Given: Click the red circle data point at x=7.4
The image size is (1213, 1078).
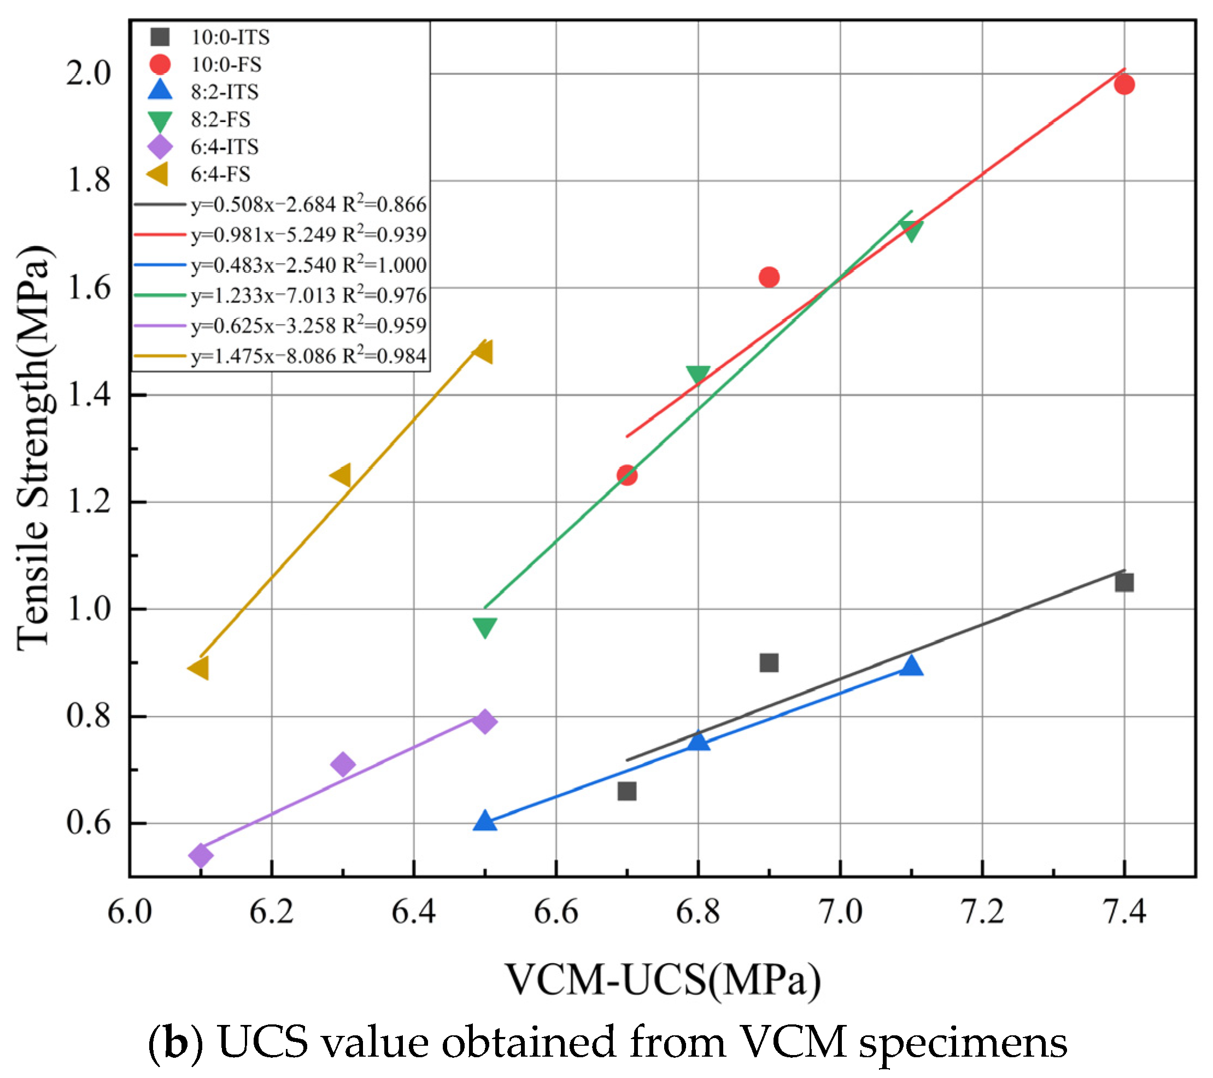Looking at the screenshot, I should pos(1124,84).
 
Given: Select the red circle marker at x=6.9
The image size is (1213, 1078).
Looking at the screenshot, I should pos(769,277).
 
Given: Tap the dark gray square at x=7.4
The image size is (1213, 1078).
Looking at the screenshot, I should pos(1124,582).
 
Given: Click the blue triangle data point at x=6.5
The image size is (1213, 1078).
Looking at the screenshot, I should pos(485,821).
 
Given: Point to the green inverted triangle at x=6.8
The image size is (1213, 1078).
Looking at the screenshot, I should pos(698,375).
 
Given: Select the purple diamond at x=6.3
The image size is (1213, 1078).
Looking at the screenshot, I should pos(342,764).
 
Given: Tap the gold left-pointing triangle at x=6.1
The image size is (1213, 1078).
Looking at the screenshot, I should pos(198,668).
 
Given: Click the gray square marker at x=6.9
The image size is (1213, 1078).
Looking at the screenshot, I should pos(769,662).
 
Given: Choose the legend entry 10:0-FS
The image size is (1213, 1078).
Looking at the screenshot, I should pos(226,64).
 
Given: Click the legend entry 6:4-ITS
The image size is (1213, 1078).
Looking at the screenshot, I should pos(224,147).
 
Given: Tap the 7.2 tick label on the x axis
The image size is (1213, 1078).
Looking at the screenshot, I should pos(982,912).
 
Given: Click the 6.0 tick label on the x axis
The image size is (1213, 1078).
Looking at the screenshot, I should pos(130,912).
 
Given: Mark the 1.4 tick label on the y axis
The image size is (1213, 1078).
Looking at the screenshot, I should pos(89,395).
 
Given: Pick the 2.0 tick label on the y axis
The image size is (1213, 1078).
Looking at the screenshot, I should pos(89,74).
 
